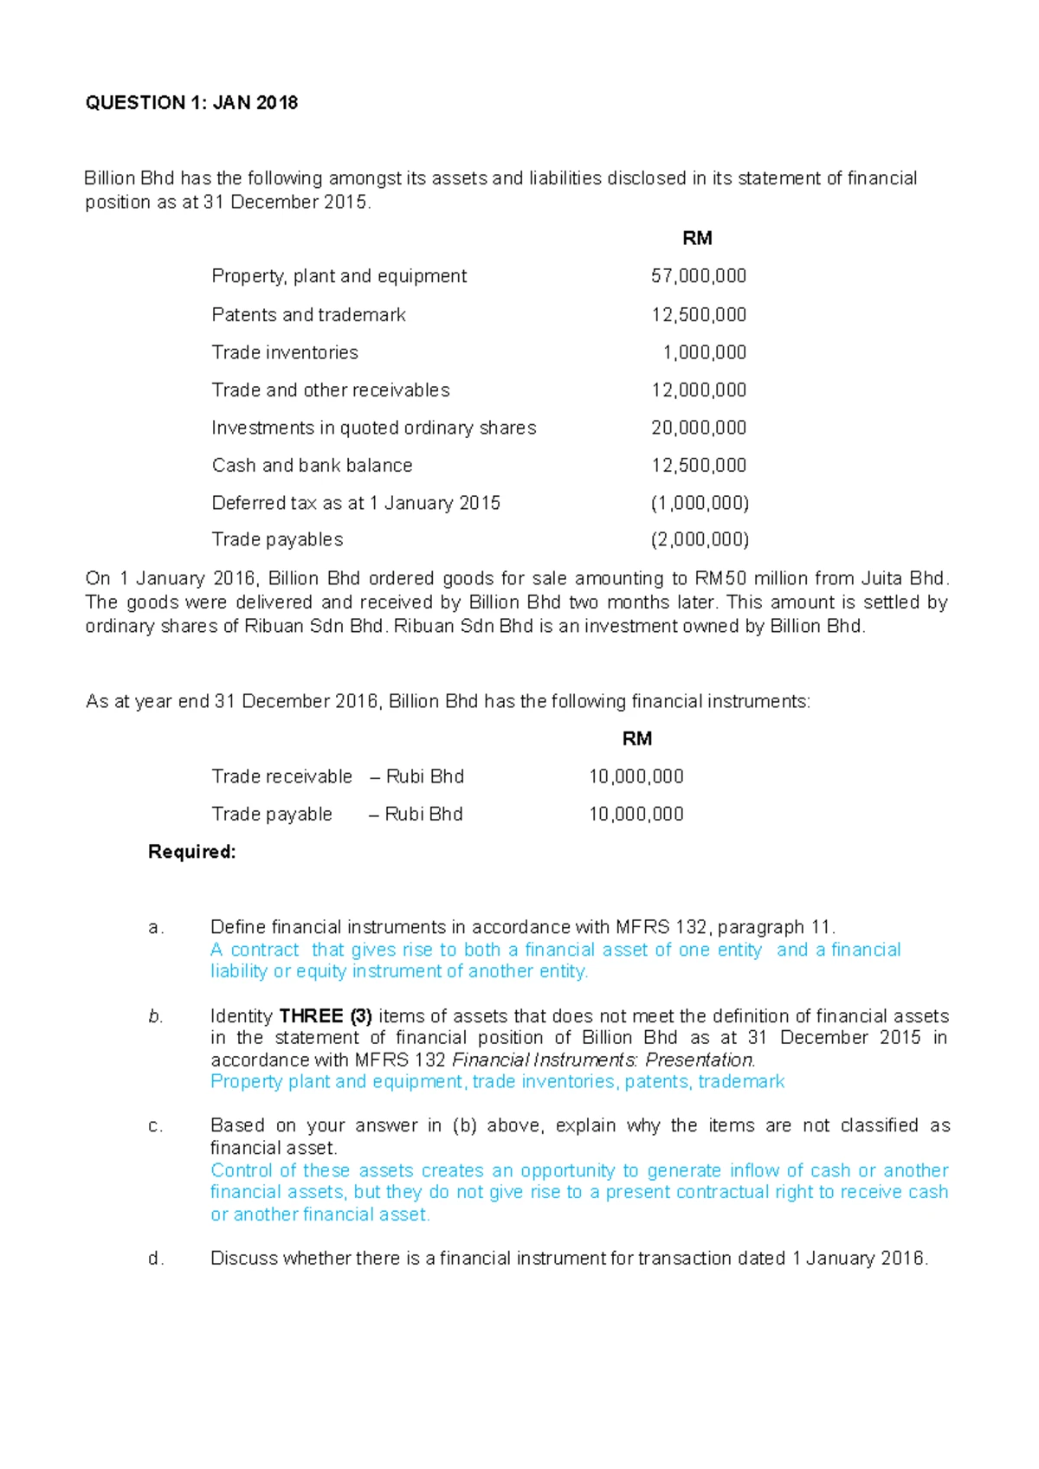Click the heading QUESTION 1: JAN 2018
(191, 103)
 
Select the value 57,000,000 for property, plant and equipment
(698, 276)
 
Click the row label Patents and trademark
(308, 315)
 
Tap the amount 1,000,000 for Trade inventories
(704, 352)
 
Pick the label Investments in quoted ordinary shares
(373, 428)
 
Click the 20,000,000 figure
(698, 428)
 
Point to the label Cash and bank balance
(312, 466)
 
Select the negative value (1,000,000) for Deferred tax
(700, 503)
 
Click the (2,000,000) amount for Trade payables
(700, 540)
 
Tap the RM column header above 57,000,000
(697, 238)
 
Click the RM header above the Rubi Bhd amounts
(636, 738)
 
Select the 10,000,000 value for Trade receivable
(636, 776)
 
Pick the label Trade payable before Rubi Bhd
(272, 815)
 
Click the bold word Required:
(191, 852)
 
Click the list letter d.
(155, 1259)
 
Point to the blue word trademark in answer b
(741, 1082)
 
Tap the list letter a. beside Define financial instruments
(155, 928)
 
